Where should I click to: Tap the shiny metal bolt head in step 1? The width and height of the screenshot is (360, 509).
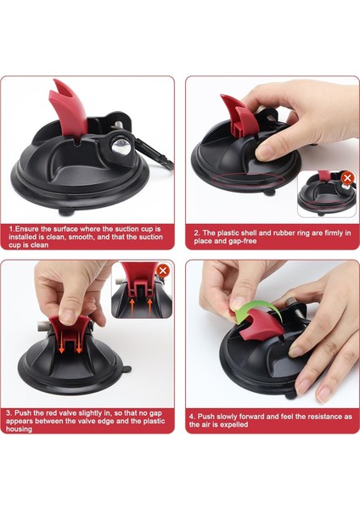click(121, 147)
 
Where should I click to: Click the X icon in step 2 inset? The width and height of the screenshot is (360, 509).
click(347, 178)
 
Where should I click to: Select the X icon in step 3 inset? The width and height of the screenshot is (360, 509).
click(163, 271)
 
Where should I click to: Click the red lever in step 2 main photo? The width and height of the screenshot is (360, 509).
click(234, 117)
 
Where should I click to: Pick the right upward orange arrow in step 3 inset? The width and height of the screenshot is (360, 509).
click(150, 307)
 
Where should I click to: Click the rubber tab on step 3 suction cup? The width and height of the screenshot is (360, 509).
click(126, 369)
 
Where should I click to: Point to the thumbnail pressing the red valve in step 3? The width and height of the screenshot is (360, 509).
click(68, 316)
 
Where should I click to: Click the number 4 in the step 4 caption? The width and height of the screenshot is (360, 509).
click(192, 417)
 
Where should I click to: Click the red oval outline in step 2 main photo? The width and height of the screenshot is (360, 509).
click(248, 179)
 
